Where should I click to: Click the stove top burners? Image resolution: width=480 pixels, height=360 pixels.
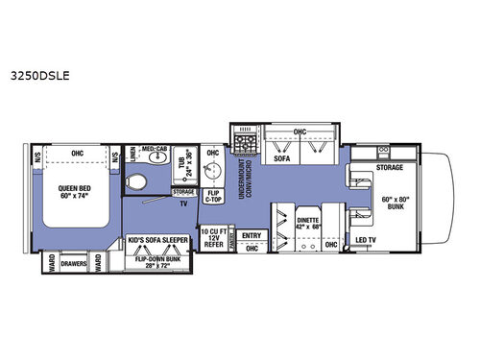pos(245,144)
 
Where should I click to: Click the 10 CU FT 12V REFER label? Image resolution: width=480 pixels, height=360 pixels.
pos(211,237)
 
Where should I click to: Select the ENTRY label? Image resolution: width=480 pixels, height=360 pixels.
pos(252,234)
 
